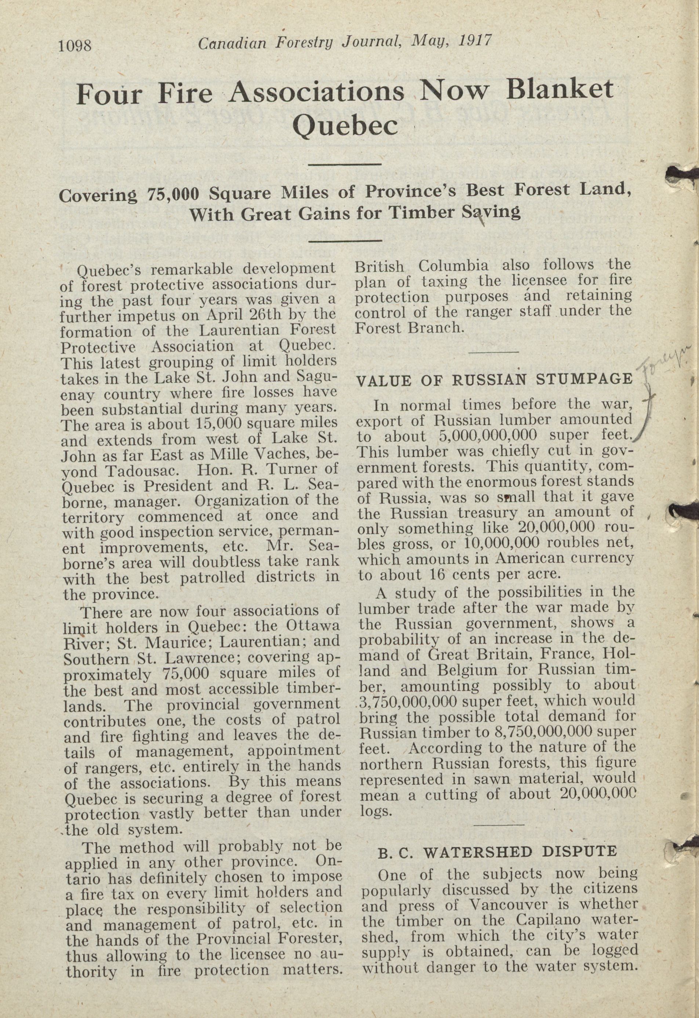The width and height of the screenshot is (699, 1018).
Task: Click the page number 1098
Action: click(x=74, y=45)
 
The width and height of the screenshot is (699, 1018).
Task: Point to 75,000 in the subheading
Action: click(x=173, y=194)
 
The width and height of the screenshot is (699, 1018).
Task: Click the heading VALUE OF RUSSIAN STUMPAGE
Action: click(x=495, y=380)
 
